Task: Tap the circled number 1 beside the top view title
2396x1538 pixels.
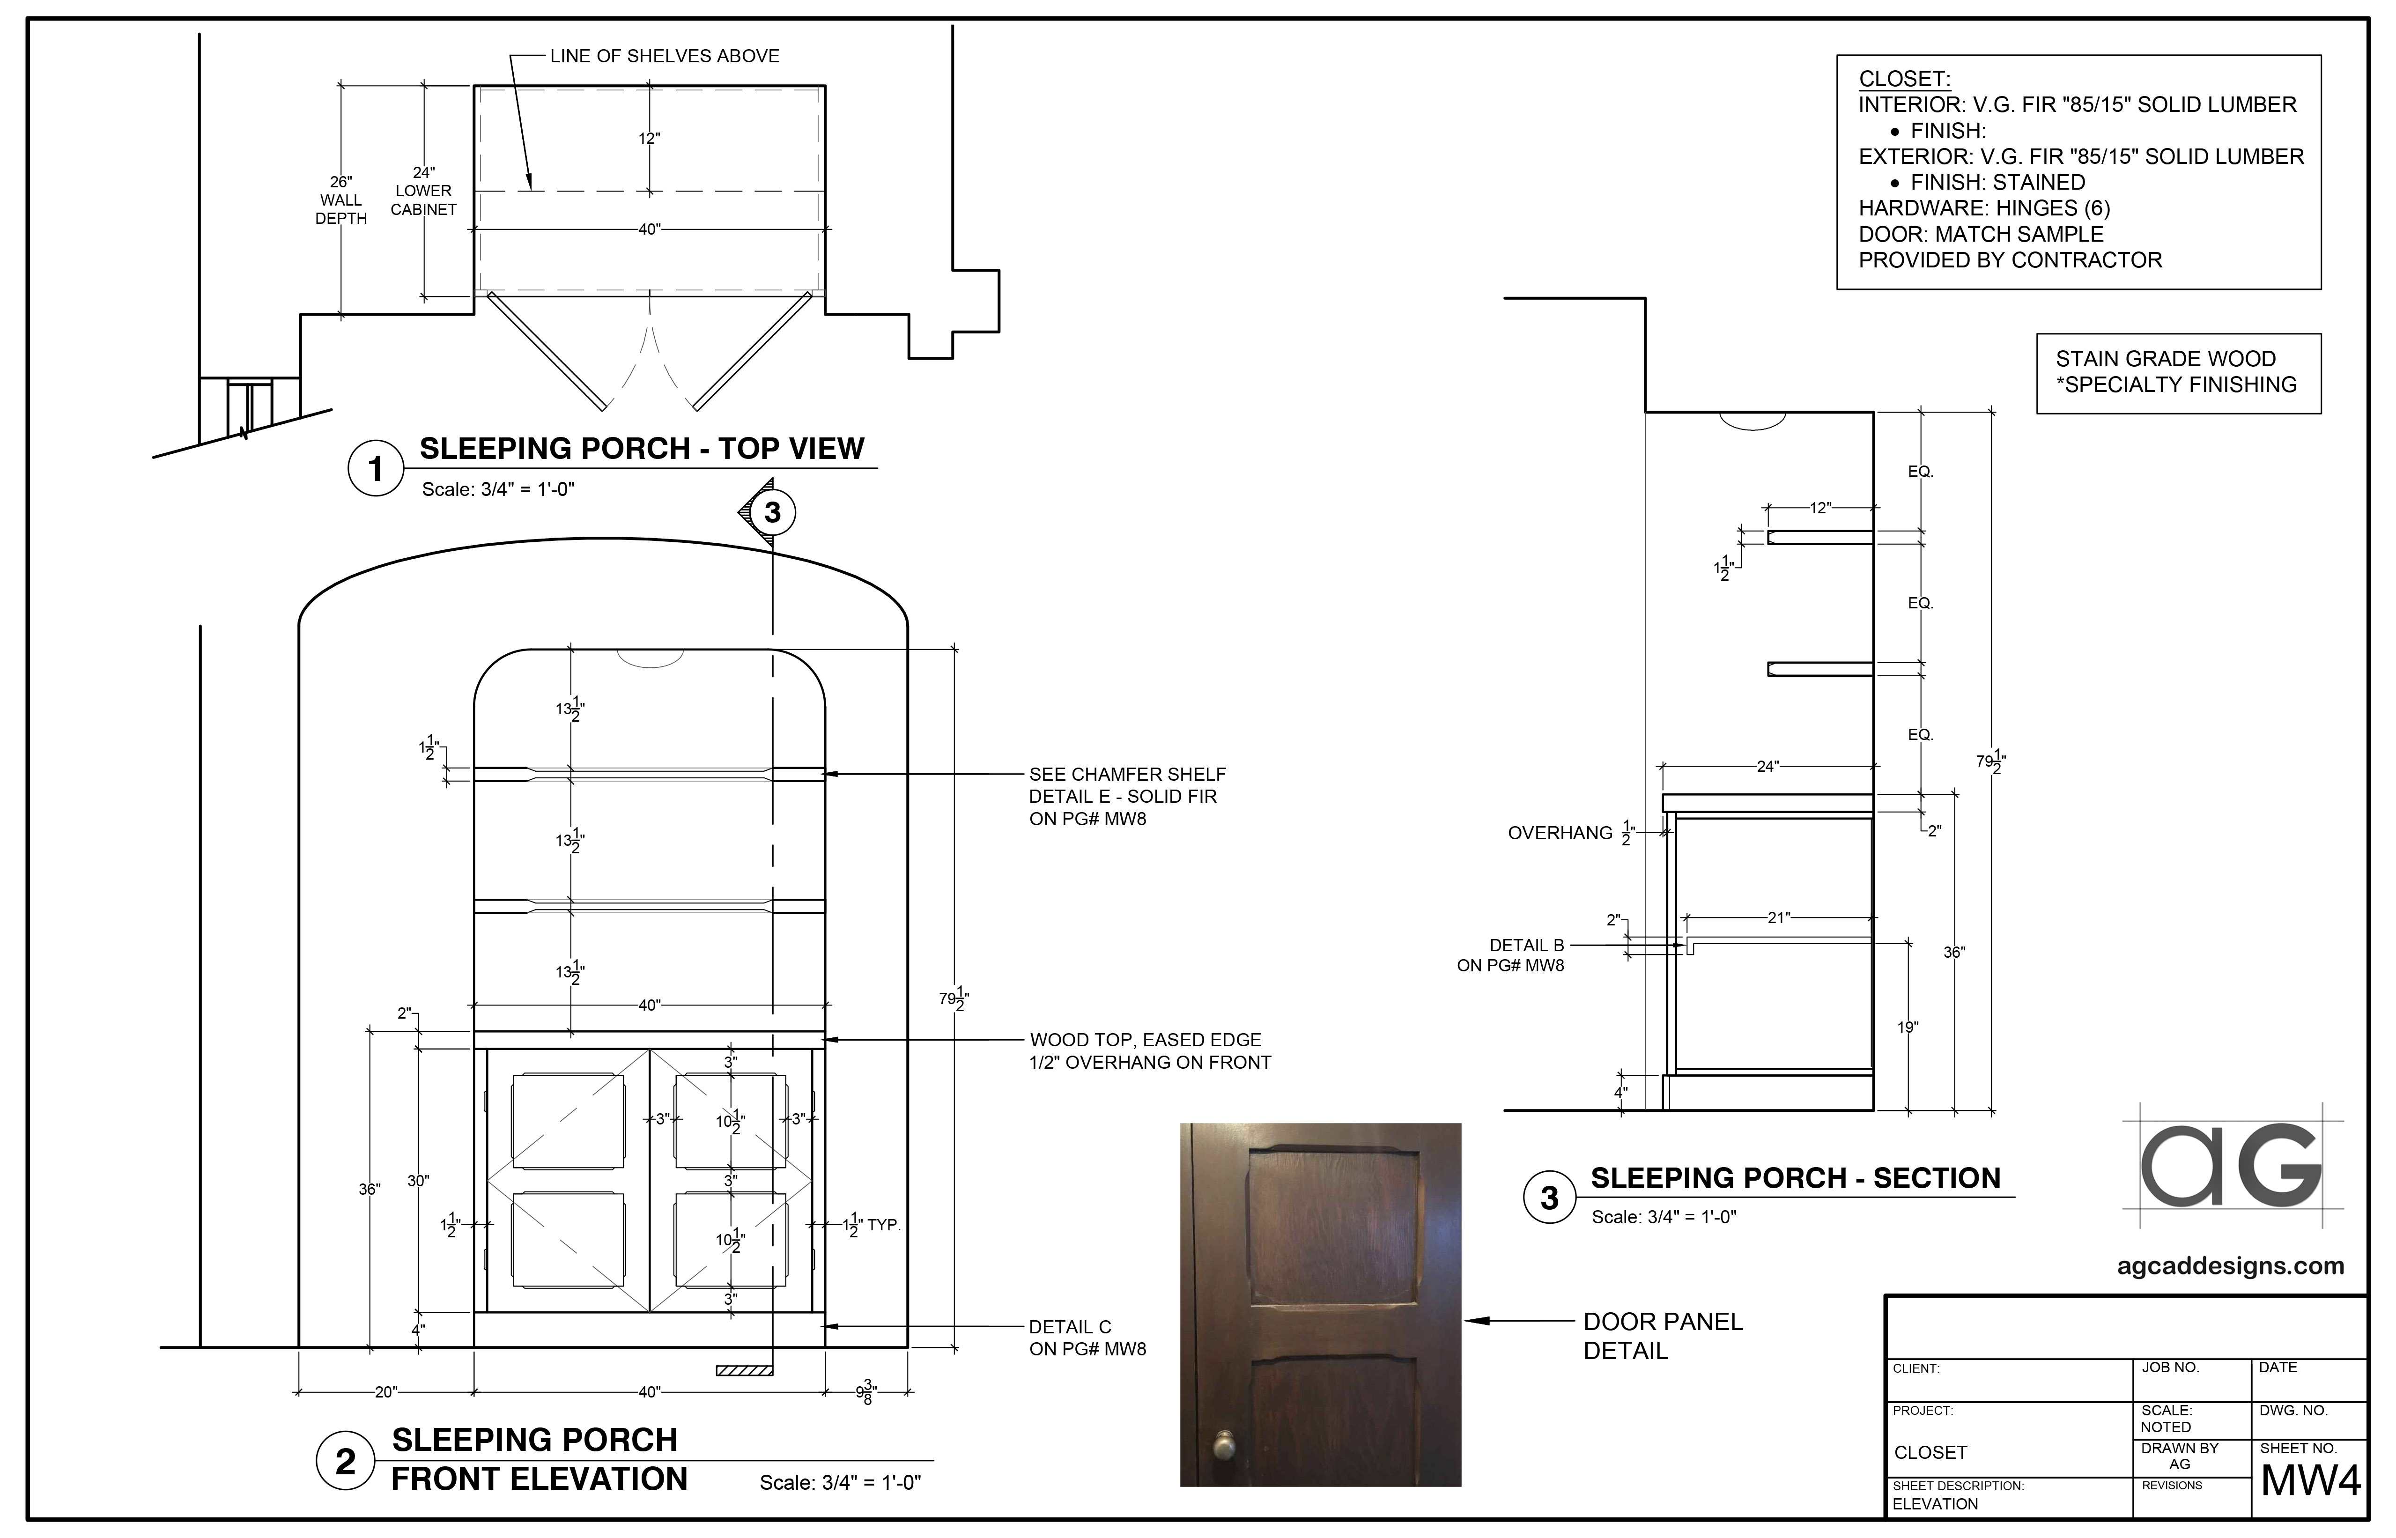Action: tap(376, 468)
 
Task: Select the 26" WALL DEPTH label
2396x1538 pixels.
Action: tap(340, 200)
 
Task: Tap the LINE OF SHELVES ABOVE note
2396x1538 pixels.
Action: tap(664, 56)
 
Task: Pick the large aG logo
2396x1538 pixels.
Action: tap(2231, 1166)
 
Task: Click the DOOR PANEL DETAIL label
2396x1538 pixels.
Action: tap(1662, 1335)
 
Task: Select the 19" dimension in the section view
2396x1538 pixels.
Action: tap(1908, 1027)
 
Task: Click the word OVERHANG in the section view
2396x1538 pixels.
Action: tap(1559, 833)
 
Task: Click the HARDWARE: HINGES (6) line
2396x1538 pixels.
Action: tap(1983, 208)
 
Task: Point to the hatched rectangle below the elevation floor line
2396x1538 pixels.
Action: tap(744, 1370)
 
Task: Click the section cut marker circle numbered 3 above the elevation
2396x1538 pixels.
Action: tap(772, 512)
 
